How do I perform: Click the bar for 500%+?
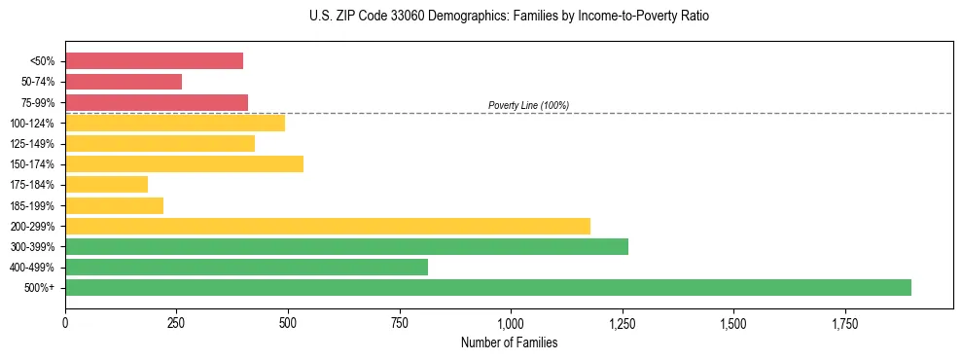click(x=487, y=287)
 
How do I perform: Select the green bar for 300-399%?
click(x=346, y=246)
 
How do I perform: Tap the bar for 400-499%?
click(x=246, y=267)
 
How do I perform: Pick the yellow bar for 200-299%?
click(x=327, y=226)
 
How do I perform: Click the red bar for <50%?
click(x=154, y=61)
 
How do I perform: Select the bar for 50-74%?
click(x=124, y=82)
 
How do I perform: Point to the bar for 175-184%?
click(x=106, y=184)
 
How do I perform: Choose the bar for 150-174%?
click(x=184, y=163)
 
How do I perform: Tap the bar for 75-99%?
click(x=157, y=102)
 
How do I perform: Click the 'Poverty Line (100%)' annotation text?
click(x=528, y=105)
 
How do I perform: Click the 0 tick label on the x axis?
click(x=65, y=322)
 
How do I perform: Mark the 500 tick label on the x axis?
click(x=288, y=322)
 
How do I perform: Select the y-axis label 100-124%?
click(x=32, y=124)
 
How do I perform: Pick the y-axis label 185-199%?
click(x=32, y=205)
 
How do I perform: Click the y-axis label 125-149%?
click(x=32, y=144)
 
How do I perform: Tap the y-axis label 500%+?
click(x=39, y=288)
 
